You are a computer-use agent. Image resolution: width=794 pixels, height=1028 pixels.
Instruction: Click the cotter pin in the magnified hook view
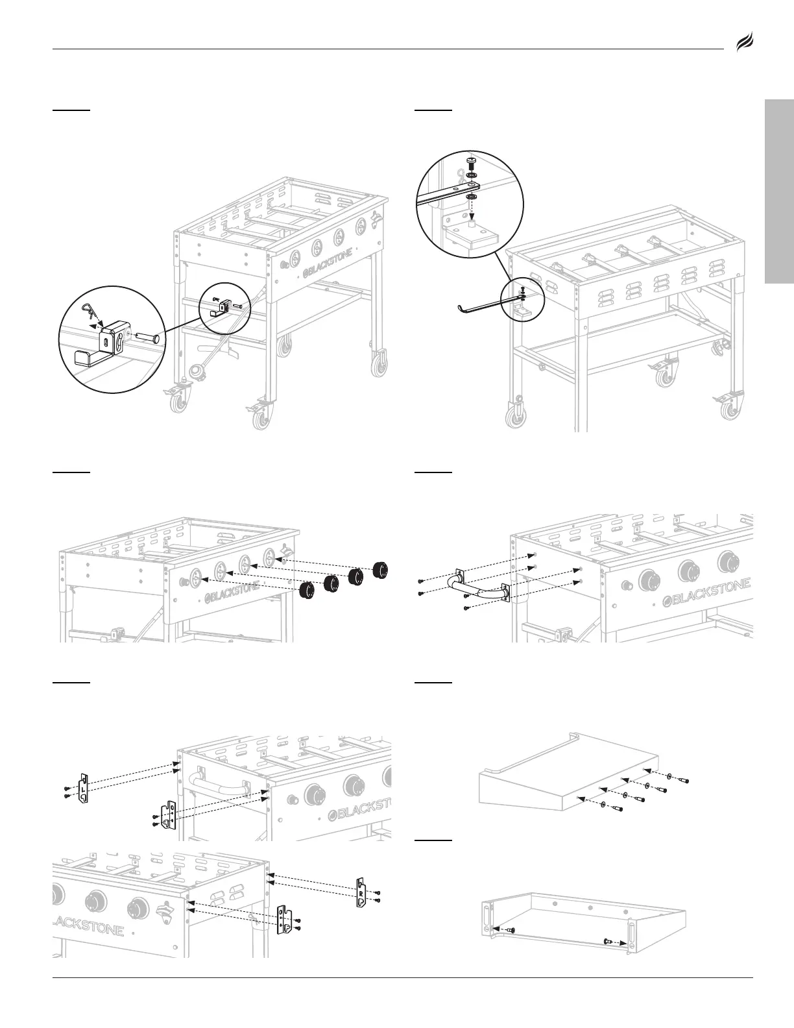pyautogui.click(x=90, y=312)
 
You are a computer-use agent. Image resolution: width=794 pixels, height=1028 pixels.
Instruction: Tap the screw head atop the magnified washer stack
pyautogui.click(x=472, y=160)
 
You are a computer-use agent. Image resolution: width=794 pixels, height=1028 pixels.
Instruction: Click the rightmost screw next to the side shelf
pyautogui.click(x=680, y=781)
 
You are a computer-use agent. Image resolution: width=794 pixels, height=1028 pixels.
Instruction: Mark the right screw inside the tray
pyautogui.click(x=608, y=942)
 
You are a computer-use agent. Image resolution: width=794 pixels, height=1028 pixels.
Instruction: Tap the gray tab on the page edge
pyautogui.click(x=779, y=191)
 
